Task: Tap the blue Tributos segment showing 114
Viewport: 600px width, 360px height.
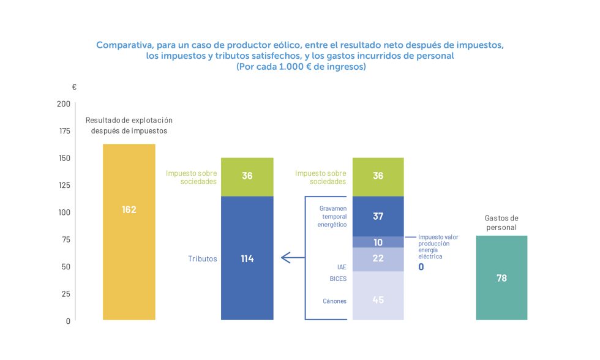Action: (x=247, y=258)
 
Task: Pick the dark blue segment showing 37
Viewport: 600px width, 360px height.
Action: (x=378, y=216)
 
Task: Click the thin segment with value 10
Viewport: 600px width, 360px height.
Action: (x=378, y=242)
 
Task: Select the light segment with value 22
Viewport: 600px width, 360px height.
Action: (x=378, y=259)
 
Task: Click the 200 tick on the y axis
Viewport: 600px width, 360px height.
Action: (x=63, y=104)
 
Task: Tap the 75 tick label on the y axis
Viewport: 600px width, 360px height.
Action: (x=65, y=239)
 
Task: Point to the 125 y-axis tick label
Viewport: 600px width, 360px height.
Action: (x=63, y=186)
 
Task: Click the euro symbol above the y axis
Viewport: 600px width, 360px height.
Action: (x=74, y=88)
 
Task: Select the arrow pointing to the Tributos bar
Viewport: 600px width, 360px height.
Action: (x=293, y=258)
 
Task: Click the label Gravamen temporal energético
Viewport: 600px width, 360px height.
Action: (x=332, y=216)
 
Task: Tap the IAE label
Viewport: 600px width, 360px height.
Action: (x=340, y=267)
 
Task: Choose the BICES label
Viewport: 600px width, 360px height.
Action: (x=337, y=279)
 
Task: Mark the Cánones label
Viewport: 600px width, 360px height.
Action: (x=334, y=301)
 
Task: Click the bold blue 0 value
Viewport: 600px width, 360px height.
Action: (x=421, y=267)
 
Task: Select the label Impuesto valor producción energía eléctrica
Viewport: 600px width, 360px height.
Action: (x=437, y=247)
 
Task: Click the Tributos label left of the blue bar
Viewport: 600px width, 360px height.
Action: (x=202, y=259)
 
